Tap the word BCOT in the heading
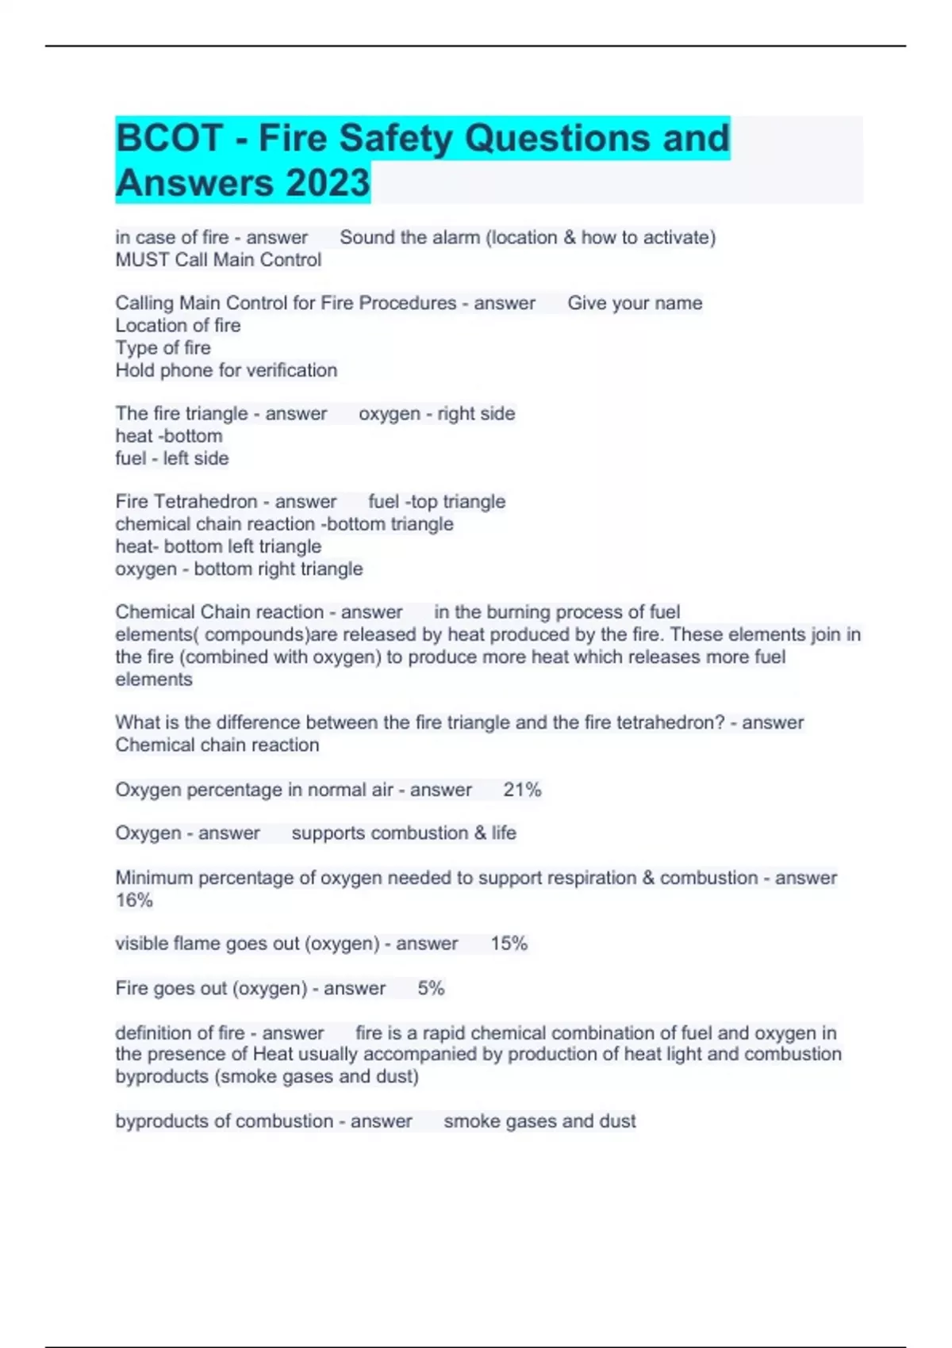(169, 138)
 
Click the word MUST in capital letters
(142, 260)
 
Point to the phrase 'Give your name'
(635, 303)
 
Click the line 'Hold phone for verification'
(226, 370)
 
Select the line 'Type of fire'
(163, 348)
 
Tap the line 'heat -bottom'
(168, 436)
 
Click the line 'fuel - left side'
(171, 458)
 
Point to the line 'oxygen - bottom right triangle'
(239, 569)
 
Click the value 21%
(522, 790)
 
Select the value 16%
(134, 901)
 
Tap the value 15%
(509, 944)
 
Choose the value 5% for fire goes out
(431, 989)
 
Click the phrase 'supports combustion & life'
(404, 833)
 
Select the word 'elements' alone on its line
(154, 680)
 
